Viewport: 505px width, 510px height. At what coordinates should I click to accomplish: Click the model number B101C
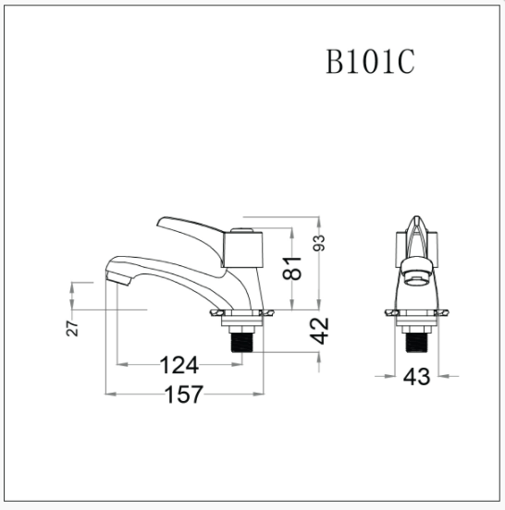tap(370, 62)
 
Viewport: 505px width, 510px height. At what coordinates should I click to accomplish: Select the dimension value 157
tap(184, 395)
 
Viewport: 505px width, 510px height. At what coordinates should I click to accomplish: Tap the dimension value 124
tap(179, 365)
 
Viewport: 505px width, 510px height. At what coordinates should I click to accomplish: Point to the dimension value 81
tap(291, 268)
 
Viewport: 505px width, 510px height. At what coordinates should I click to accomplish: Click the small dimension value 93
tap(319, 243)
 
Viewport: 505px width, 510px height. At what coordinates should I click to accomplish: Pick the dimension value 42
tap(319, 331)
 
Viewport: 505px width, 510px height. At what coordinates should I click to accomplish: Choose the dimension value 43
tap(416, 377)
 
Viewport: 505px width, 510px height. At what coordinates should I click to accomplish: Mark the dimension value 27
tap(72, 329)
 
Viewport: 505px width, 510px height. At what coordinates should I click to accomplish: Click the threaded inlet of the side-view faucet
tap(242, 342)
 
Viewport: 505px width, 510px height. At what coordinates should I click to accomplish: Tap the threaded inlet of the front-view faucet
tap(417, 343)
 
